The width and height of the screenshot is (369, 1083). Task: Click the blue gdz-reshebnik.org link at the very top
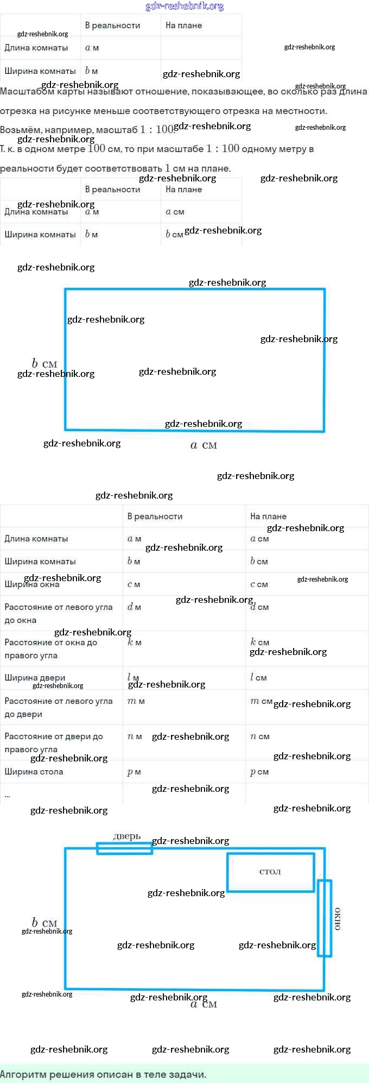coord(184,7)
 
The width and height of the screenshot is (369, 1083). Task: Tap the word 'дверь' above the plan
coord(127,836)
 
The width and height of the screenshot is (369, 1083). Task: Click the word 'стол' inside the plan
coord(270,872)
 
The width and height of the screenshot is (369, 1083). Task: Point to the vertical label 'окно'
coord(338,918)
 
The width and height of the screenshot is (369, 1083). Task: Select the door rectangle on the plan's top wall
coord(124,848)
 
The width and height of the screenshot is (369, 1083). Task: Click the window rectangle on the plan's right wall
coord(325,918)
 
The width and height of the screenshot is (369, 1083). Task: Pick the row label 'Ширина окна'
coord(32,584)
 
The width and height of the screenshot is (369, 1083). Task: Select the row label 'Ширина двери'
coord(35,678)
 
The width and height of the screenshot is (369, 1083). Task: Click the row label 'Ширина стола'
coord(34,772)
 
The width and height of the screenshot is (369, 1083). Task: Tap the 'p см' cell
coord(259,772)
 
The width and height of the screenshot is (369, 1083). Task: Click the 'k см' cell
coord(259,643)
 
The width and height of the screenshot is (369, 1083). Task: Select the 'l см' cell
coord(258,678)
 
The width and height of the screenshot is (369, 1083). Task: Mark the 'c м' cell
coord(133,584)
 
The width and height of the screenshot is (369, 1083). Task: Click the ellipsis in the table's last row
coord(7,795)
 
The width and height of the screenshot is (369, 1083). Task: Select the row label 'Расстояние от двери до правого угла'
coord(53,742)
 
